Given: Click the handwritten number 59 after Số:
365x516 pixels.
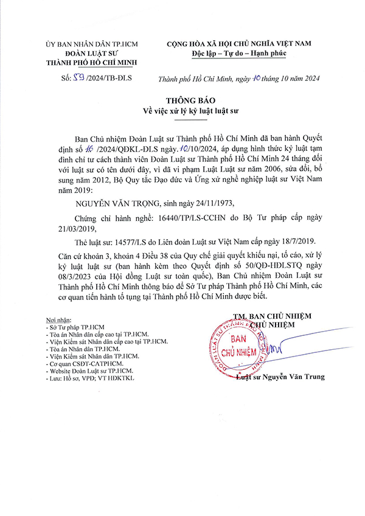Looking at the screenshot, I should pos(77,78).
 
